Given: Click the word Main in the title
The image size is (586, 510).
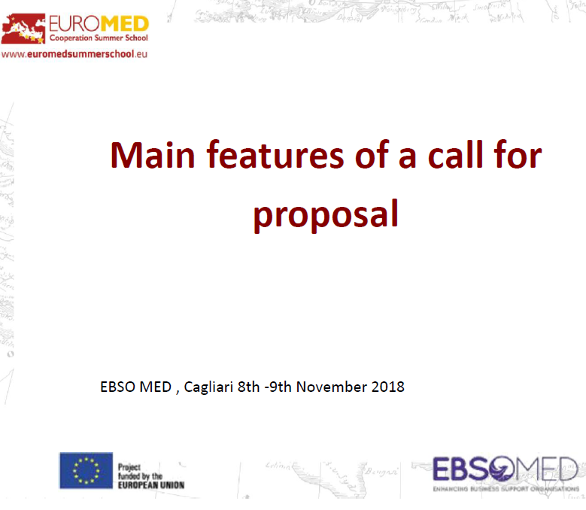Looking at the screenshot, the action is [x=153, y=155].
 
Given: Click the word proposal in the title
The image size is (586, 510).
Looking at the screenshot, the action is [x=326, y=215].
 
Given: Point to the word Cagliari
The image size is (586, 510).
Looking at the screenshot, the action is [x=208, y=387].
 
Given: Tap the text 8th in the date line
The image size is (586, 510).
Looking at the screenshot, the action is [x=248, y=387].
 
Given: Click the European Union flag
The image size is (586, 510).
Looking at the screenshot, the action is [x=86, y=470].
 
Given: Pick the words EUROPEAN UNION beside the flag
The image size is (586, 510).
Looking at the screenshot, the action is [x=151, y=485].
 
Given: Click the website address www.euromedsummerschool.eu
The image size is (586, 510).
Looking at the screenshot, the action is [x=74, y=54].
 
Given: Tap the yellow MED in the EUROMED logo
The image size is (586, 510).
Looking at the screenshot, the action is [x=125, y=24].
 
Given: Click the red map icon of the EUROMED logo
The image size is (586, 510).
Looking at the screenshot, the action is [x=23, y=29].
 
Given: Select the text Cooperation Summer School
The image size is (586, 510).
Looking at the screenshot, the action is [x=99, y=38].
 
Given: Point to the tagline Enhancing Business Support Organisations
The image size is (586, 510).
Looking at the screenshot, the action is [x=506, y=489].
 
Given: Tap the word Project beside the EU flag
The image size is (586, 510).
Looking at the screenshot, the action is [x=129, y=467].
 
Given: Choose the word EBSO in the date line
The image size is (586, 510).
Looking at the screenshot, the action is [x=117, y=387].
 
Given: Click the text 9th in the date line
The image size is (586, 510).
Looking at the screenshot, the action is [x=281, y=387].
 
